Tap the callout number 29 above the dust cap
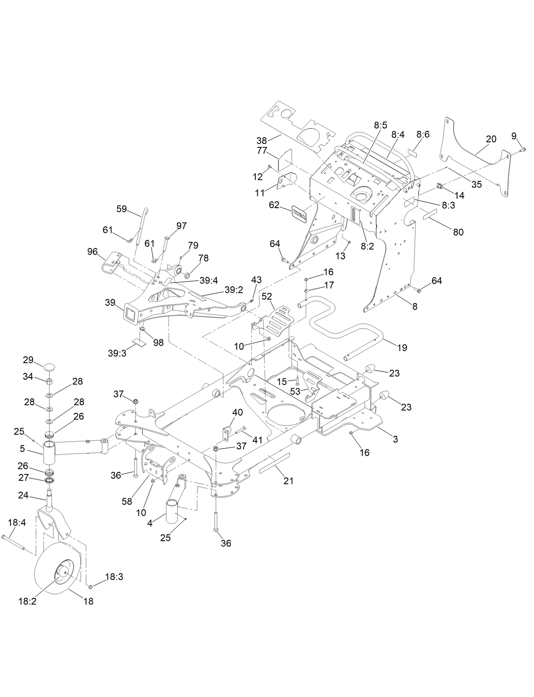pos(28,360)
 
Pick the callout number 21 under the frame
pos(289,481)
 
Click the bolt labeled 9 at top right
pos(523,149)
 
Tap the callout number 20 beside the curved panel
pos(491,139)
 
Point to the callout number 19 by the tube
pos(402,347)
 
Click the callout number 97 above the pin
pos(181,226)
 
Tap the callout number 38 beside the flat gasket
pos(261,140)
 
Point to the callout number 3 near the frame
pos(395,439)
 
